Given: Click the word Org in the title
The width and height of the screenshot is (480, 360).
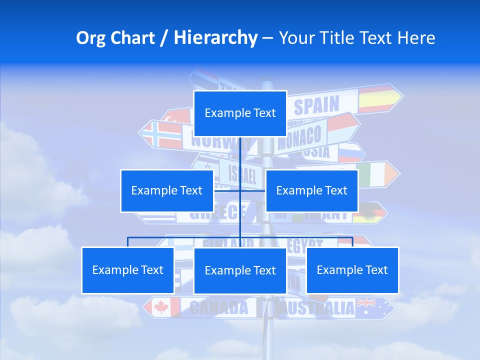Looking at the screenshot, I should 90,38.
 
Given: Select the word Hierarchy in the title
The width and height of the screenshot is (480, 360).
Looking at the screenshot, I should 215,38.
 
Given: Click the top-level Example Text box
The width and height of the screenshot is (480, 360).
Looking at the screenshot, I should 240,113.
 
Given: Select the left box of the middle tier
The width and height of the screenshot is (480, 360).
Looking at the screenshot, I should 167,190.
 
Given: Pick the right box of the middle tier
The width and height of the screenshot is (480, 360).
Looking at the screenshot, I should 311,190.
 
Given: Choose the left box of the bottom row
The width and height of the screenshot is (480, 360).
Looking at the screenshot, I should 127,270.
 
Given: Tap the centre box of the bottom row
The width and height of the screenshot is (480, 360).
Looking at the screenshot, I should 240,270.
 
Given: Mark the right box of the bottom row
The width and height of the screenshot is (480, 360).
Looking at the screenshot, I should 352,270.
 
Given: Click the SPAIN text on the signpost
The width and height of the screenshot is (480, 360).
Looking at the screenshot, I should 316,105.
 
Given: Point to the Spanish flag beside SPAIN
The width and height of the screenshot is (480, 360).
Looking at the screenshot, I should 376,99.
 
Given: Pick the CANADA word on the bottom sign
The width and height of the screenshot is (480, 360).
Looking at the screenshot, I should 219,308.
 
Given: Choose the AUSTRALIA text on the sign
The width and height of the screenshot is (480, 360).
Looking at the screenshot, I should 316,308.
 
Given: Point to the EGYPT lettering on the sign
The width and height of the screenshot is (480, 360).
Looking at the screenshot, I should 305,243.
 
